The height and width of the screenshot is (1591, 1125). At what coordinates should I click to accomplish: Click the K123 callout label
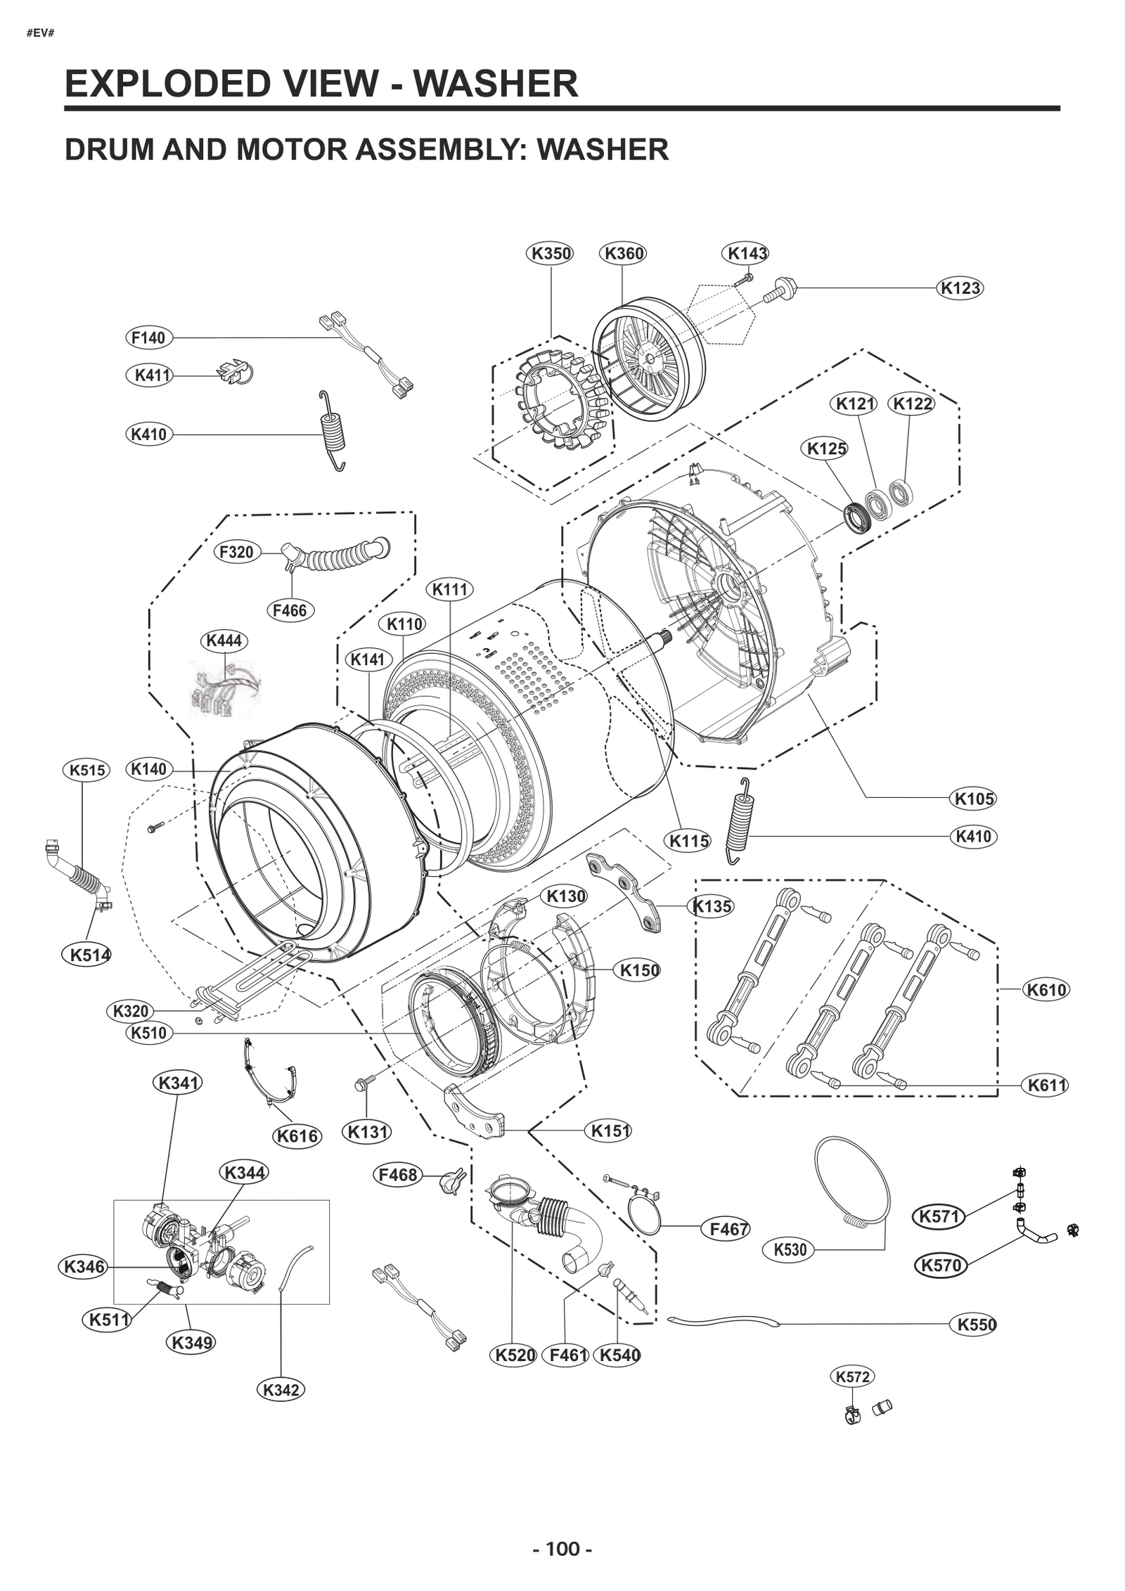pyautogui.click(x=960, y=288)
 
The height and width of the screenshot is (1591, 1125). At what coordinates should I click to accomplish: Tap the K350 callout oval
pyautogui.click(x=551, y=253)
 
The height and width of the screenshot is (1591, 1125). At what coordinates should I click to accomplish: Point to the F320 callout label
pyautogui.click(x=236, y=552)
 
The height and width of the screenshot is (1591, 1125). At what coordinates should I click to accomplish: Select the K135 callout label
pyautogui.click(x=712, y=906)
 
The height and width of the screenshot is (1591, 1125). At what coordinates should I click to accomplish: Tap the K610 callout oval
pyautogui.click(x=1046, y=990)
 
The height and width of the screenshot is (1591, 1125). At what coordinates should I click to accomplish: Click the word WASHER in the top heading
pyautogui.click(x=495, y=84)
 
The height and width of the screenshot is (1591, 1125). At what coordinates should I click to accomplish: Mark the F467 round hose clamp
pyautogui.click(x=645, y=1215)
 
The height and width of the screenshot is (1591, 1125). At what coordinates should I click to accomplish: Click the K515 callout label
pyautogui.click(x=87, y=770)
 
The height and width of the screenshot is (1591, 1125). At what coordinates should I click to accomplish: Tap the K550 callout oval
pyautogui.click(x=977, y=1325)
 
